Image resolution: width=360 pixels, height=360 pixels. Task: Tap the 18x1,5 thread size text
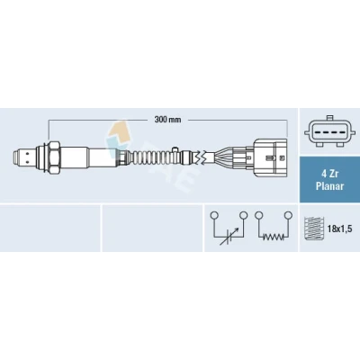[x=339, y=229]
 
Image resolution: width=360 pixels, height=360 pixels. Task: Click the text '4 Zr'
[x=329, y=174]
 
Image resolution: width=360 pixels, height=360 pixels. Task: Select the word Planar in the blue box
[x=329, y=186]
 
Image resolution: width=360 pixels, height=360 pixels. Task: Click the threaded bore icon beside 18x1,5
[x=314, y=229]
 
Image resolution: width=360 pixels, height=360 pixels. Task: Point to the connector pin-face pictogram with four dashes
[x=330, y=131]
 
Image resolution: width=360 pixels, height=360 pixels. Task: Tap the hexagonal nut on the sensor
[x=53, y=157]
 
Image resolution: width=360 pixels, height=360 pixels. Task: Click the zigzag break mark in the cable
[x=200, y=157]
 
